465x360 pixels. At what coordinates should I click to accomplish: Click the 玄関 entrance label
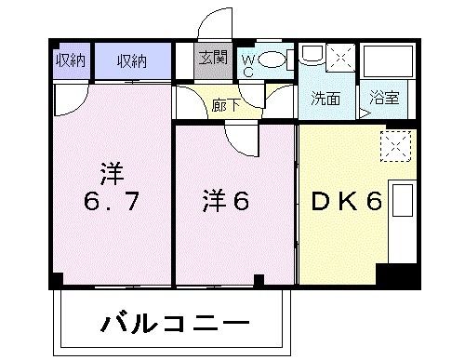pos(212,59)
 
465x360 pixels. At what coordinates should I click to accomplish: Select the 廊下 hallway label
pos(225,104)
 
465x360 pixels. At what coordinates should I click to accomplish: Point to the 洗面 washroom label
pos(325,98)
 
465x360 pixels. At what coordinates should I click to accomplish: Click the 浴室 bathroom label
pos(382,98)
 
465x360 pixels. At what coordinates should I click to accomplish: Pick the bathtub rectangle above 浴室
pos(386,62)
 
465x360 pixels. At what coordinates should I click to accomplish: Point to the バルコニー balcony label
pos(173,326)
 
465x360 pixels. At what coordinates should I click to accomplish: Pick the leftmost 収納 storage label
pos(69,60)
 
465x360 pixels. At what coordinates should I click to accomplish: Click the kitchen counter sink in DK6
pos(403,202)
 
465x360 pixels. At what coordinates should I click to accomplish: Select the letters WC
pos(247,64)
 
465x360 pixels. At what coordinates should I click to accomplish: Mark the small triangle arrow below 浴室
pos(365,113)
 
